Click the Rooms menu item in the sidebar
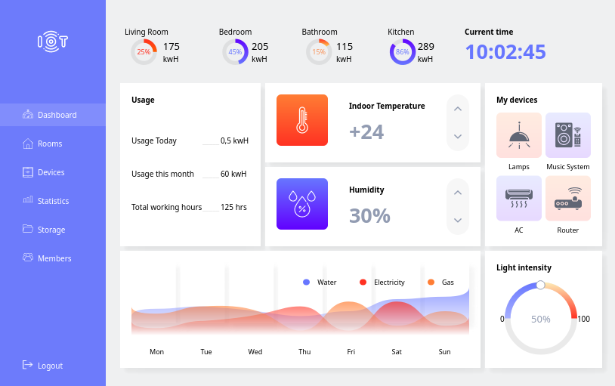point(50,144)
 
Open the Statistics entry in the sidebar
point(53,201)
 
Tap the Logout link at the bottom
point(50,366)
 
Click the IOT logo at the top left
point(53,42)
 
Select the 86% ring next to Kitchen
point(403,52)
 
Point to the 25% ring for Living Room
point(144,52)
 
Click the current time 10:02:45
point(505,52)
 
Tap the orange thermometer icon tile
point(302,120)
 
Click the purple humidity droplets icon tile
point(302,204)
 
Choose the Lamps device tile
point(519,135)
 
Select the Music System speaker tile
point(568,135)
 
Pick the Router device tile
point(568,199)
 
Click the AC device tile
point(519,199)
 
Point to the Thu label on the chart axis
point(304,352)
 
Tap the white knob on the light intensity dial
point(540,285)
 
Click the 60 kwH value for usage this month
point(233,174)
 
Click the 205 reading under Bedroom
point(260,46)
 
